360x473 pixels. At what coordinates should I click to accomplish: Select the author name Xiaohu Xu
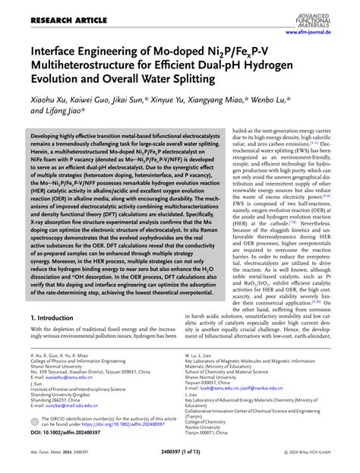coord(48,100)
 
